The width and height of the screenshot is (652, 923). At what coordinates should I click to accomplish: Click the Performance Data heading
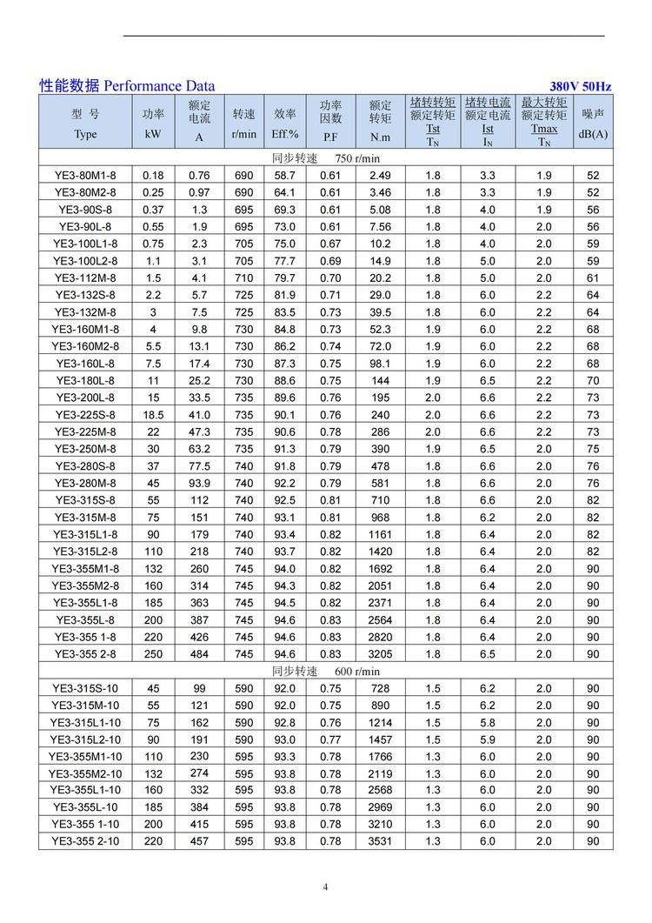[127, 86]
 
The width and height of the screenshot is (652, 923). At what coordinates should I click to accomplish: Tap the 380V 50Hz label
[581, 87]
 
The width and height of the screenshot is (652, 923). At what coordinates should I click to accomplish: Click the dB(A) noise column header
[593, 134]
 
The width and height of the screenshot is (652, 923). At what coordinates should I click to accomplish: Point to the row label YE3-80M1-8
[85, 175]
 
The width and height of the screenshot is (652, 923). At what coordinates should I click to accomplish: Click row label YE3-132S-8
[85, 295]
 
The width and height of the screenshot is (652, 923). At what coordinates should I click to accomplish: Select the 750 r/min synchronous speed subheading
[326, 158]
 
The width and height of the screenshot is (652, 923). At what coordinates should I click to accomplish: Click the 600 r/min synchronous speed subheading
[326, 672]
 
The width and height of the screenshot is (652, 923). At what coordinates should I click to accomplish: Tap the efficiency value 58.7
[285, 175]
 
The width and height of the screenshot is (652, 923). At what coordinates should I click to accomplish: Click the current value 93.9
[200, 483]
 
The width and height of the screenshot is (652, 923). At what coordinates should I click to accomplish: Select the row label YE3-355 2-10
[85, 841]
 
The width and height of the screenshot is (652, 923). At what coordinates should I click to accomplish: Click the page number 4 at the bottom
[326, 887]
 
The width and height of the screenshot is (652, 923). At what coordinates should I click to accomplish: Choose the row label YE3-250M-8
[85, 449]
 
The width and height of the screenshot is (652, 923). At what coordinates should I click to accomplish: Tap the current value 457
[200, 841]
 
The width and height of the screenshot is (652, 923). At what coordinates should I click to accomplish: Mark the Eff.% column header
[285, 134]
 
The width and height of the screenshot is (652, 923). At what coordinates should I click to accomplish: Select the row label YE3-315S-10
[85, 688]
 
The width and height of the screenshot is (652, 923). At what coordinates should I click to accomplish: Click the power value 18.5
[153, 415]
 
